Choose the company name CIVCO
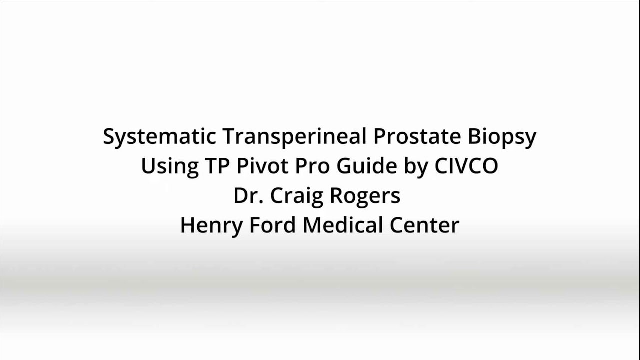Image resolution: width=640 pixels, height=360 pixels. click(466, 166)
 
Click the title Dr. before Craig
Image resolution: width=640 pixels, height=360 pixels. click(248, 196)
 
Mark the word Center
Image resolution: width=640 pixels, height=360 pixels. click(424, 225)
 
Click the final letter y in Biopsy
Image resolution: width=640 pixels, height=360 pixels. click(530, 139)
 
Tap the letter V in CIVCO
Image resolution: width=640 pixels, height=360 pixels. click(463, 166)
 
